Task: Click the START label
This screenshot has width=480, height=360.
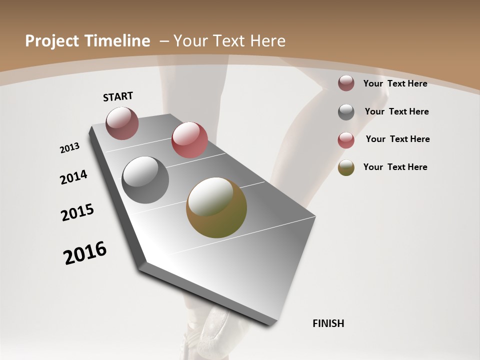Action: [118, 96]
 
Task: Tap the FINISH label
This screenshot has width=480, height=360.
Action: [328, 323]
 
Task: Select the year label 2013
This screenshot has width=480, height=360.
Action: [70, 148]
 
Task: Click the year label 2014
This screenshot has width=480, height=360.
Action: [73, 177]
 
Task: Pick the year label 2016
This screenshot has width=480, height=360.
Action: [85, 253]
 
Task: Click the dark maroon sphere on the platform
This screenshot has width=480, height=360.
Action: [122, 123]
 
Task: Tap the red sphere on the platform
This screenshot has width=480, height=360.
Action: [189, 140]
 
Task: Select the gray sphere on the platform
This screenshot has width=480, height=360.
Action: [145, 180]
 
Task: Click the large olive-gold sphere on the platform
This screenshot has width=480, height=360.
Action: [216, 207]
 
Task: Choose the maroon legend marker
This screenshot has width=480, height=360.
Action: [346, 83]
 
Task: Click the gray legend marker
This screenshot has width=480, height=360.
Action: [346, 112]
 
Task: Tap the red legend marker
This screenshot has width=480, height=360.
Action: [346, 140]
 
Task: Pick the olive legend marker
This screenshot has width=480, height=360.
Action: [346, 167]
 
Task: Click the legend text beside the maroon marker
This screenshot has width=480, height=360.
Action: [395, 83]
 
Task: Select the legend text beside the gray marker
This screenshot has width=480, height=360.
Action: [396, 111]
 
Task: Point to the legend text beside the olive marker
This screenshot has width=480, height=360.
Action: [395, 167]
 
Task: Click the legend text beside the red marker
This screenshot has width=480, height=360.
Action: [397, 139]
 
